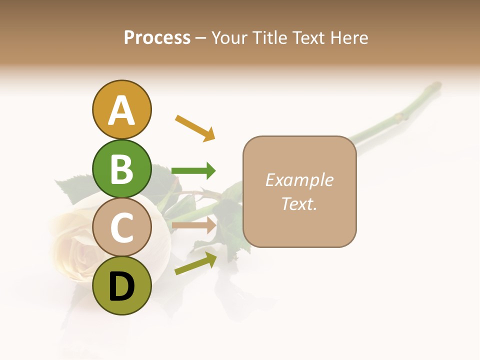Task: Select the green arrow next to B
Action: pos(193,171)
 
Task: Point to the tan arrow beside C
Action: pos(193,225)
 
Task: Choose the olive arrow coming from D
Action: pos(195,263)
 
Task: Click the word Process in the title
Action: pos(157,37)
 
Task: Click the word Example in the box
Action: pos(299,180)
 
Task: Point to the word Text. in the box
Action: pos(299,203)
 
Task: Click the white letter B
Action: pos(121,169)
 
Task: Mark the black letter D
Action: pos(121,287)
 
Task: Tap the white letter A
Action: pos(121,110)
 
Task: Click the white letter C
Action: pos(121,227)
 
